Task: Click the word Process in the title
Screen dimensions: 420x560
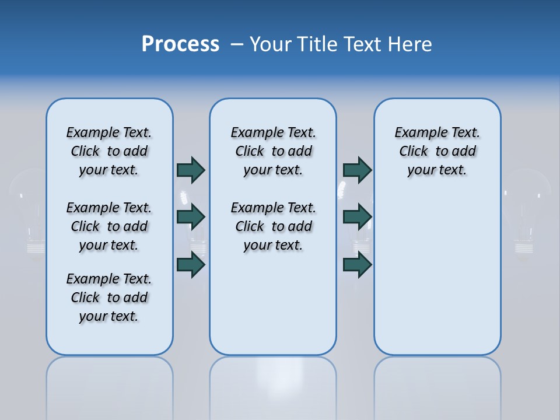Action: [180, 44]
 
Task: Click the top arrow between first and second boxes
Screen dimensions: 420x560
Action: [191, 170]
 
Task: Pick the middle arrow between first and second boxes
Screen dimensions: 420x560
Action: [191, 217]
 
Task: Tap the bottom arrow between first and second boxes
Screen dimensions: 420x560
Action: [191, 265]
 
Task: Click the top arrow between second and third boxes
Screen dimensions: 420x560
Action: [357, 170]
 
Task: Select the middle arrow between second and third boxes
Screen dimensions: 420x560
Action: [357, 217]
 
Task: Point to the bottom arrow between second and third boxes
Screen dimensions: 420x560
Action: [357, 265]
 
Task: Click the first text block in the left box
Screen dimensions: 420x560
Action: [109, 151]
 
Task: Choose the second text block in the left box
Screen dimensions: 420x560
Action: [109, 226]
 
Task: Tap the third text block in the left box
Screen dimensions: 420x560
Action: [109, 297]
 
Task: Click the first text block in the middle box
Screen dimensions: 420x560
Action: [273, 151]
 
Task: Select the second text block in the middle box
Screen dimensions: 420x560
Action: [273, 226]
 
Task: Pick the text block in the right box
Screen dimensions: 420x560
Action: [437, 151]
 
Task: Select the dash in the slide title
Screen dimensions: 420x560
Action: [237, 45]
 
